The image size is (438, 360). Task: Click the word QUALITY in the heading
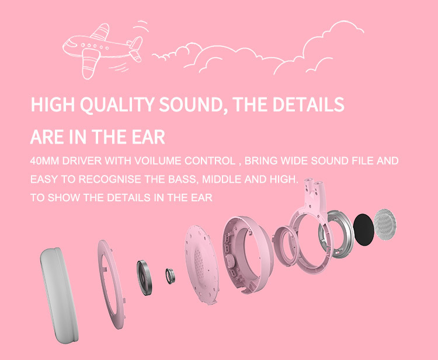pyautogui.click(x=117, y=104)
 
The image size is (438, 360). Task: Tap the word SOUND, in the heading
pyautogui.click(x=193, y=104)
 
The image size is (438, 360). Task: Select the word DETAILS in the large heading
pyautogui.click(x=308, y=104)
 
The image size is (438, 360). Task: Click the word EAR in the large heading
pyautogui.click(x=148, y=137)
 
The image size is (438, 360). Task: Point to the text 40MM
pyautogui.click(x=44, y=160)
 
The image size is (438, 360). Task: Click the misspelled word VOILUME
pyautogui.click(x=158, y=160)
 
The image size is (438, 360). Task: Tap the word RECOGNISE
pyautogui.click(x=110, y=179)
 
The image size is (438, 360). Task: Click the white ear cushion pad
pyautogui.click(x=58, y=295)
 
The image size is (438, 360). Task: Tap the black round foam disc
pyautogui.click(x=363, y=229)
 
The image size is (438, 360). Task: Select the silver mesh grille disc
pyautogui.click(x=385, y=224)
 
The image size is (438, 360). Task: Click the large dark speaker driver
pyautogui.click(x=144, y=278)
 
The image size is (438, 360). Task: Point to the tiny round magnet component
pyautogui.click(x=170, y=276)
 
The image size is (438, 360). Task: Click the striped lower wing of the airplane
pyautogui.click(x=91, y=64)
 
